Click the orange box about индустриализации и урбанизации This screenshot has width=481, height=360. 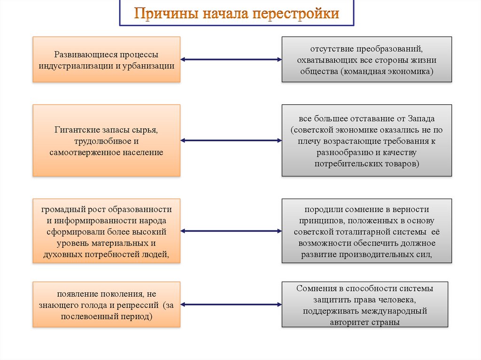pyautogui.click(x=106, y=60)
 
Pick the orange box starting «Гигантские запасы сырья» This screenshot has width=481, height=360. pyautogui.click(x=106, y=140)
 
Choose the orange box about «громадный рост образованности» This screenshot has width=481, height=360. pyautogui.click(x=106, y=231)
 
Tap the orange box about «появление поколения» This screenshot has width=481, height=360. pyautogui.click(x=106, y=305)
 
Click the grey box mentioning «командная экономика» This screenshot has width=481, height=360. pyautogui.click(x=367, y=60)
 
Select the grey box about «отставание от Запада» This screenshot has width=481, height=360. pyautogui.click(x=367, y=140)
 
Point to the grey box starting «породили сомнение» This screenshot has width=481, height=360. pyautogui.click(x=367, y=231)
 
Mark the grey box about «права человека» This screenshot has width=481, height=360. pyautogui.click(x=365, y=305)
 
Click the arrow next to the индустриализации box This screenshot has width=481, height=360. pyautogui.click(x=231, y=60)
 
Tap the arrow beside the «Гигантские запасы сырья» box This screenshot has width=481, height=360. pyautogui.click(x=231, y=140)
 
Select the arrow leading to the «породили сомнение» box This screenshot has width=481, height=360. pyautogui.click(x=231, y=231)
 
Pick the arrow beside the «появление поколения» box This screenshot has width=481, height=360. pyautogui.click(x=231, y=305)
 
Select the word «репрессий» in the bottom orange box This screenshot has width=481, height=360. pyautogui.click(x=140, y=306)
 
